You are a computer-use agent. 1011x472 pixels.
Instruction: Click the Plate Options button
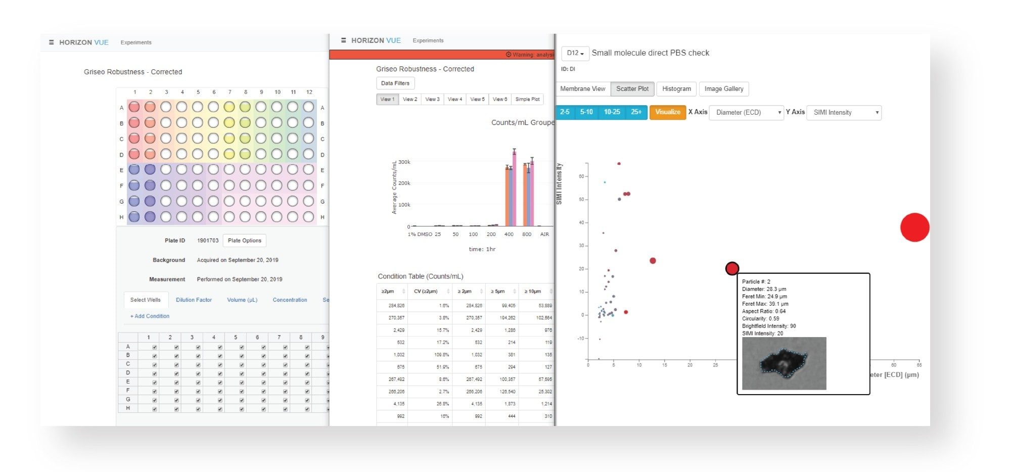[244, 241]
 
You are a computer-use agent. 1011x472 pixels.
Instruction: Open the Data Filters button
[395, 83]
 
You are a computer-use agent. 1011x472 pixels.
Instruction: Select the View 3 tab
[432, 100]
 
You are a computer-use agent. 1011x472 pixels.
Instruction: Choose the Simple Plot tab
[527, 100]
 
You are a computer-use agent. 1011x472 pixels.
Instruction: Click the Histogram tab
[676, 89]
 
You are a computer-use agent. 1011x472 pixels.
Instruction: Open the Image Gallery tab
[723, 89]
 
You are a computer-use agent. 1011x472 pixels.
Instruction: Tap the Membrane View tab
[582, 89]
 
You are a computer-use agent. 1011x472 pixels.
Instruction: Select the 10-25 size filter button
[612, 112]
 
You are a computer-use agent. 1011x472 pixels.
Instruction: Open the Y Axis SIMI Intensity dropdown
[844, 113]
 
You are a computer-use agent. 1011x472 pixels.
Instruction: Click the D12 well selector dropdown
[575, 53]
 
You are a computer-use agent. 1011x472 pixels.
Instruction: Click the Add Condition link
[150, 316]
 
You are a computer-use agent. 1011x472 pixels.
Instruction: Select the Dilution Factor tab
[194, 300]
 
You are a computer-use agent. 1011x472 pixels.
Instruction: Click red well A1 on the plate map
[134, 107]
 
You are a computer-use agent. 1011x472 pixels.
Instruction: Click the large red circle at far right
[914, 227]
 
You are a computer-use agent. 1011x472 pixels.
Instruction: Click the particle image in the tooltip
[784, 363]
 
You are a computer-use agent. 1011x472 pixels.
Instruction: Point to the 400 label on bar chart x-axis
[509, 234]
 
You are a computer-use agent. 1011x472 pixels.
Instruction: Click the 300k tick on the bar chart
[404, 162]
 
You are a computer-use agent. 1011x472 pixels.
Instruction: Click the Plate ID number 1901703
[207, 241]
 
